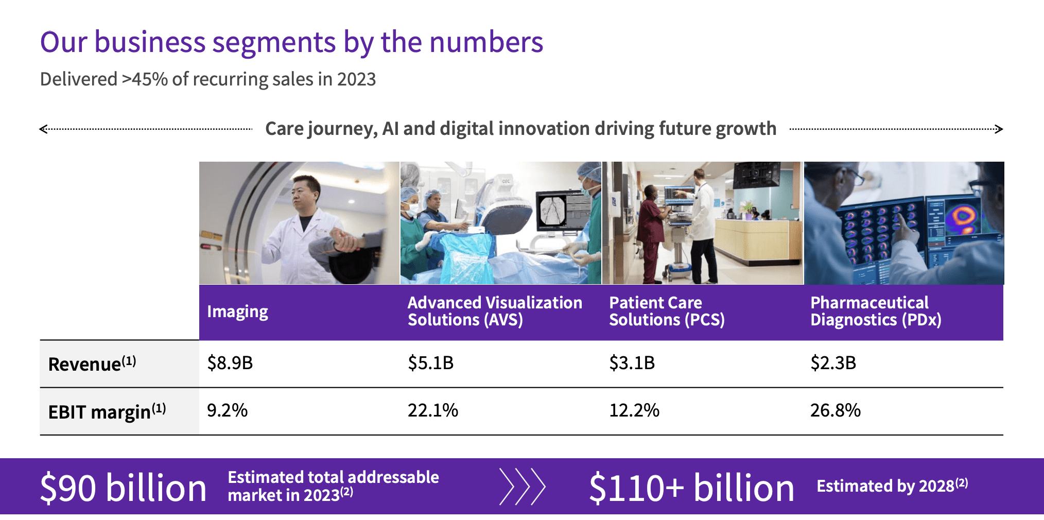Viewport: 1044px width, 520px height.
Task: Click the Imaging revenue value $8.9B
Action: pyautogui.click(x=230, y=363)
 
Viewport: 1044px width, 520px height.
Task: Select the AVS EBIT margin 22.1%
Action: pyautogui.click(x=432, y=410)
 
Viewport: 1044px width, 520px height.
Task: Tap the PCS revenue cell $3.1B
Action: pyautogui.click(x=632, y=363)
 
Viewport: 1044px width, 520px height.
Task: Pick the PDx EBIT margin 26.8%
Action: pyautogui.click(x=835, y=410)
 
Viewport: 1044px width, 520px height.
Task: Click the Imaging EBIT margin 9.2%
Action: pyautogui.click(x=227, y=410)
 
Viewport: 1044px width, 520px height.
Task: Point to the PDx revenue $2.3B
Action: pyautogui.click(x=833, y=363)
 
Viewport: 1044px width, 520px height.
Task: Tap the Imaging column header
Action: pyautogui.click(x=237, y=311)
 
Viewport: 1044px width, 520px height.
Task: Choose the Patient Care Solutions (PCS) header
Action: pyautogui.click(x=666, y=311)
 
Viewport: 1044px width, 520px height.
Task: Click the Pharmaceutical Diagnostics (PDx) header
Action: pyautogui.click(x=875, y=311)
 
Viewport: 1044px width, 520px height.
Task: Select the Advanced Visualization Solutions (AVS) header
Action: pyautogui.click(x=494, y=311)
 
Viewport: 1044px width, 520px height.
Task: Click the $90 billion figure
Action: pyautogui.click(x=123, y=488)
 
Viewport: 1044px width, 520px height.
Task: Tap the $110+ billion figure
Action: pyautogui.click(x=691, y=488)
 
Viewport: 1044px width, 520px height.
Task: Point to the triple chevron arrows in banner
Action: pyautogui.click(x=522, y=487)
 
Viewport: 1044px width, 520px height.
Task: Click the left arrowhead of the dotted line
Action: pyautogui.click(x=43, y=129)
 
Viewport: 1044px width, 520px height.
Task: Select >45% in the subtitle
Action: pyautogui.click(x=145, y=79)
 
